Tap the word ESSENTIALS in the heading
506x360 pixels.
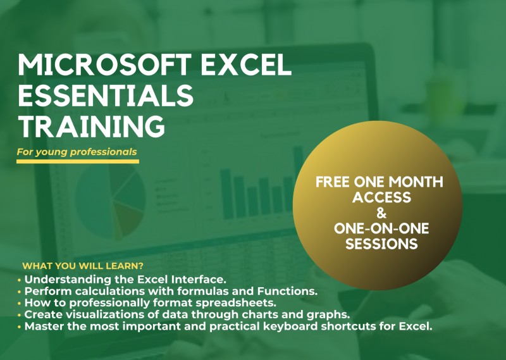(106, 96)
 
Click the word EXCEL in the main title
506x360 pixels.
(246, 65)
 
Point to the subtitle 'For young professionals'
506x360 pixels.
(77, 152)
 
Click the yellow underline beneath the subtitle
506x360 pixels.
(78, 161)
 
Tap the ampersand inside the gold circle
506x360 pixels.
(381, 213)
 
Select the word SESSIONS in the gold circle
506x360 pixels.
(381, 244)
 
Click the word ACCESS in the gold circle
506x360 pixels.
(381, 197)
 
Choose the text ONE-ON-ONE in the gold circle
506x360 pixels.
(381, 228)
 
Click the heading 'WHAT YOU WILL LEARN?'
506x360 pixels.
(83, 266)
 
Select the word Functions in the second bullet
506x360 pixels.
(287, 291)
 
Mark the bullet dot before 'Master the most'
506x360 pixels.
(20, 326)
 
